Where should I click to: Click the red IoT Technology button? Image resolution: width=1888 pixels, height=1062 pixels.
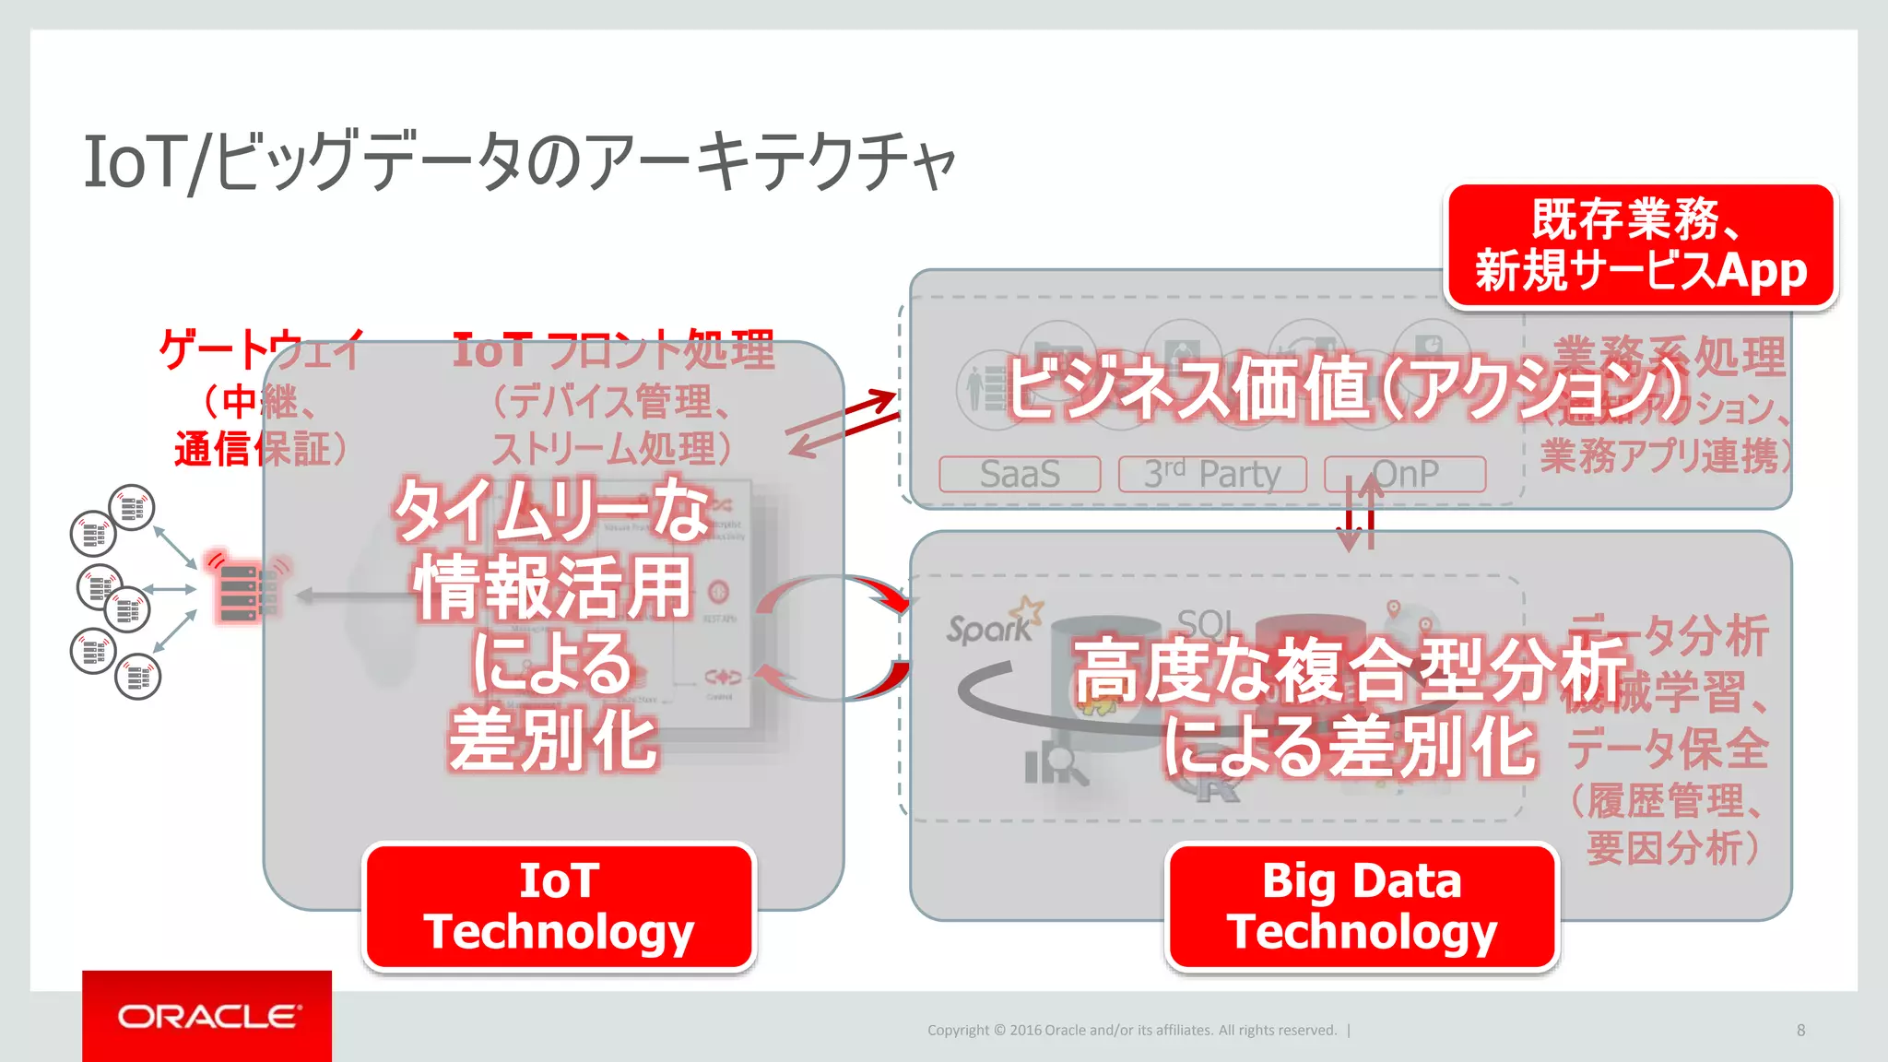(560, 906)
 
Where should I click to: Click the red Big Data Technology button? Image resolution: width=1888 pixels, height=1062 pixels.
(1362, 906)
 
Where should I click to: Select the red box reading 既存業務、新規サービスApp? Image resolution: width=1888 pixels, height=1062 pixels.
(1641, 245)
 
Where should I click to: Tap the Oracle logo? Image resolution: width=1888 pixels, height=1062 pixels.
(207, 1016)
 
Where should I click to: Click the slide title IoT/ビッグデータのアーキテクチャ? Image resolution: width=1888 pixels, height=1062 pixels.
(520, 162)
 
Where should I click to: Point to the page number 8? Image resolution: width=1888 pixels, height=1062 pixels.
(1800, 1030)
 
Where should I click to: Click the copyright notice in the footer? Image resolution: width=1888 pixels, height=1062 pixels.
(1132, 1030)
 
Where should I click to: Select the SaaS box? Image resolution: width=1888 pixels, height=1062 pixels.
(1020, 474)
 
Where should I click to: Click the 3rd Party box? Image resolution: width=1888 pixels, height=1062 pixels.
(1212, 474)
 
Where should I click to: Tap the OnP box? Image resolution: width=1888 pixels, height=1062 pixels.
(1405, 474)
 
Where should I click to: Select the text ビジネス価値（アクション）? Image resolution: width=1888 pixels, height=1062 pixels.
(1346, 387)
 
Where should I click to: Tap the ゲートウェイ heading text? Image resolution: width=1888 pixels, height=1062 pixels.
(262, 350)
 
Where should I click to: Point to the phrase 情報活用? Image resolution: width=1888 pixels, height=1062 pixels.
(552, 588)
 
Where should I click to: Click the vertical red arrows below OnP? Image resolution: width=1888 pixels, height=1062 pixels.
(1360, 514)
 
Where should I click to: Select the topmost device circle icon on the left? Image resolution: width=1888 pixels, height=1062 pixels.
(132, 507)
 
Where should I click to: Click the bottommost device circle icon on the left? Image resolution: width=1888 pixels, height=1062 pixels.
(138, 677)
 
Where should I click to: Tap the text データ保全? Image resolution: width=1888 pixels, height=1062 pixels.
(1667, 747)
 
